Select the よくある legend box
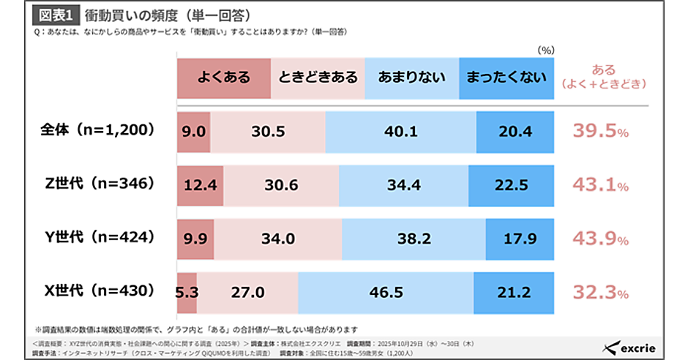224,77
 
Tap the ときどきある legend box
318,77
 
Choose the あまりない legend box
411,77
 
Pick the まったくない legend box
506,77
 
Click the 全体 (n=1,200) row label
97,130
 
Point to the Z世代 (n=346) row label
97,184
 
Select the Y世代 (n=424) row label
97,238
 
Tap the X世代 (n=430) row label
97,292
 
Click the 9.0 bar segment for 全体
194,131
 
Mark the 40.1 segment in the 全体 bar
400,131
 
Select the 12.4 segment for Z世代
201,185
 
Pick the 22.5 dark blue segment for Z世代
511,185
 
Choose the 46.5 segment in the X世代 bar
386,293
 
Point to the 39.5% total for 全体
599,131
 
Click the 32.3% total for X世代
599,293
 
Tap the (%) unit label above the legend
546,50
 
